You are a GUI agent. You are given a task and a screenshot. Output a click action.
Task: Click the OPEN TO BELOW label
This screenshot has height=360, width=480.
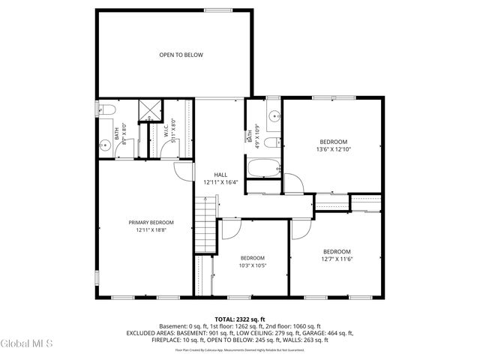coord(180,55)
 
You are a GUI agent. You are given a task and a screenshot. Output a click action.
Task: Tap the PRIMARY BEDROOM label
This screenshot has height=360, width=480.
coord(151,223)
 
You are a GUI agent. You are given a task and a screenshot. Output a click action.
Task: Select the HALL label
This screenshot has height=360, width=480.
coord(220,175)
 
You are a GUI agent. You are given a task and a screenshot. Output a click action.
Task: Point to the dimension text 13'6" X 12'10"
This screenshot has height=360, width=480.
coord(334,150)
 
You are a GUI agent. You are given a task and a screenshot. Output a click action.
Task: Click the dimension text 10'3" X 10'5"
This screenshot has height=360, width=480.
coord(252,265)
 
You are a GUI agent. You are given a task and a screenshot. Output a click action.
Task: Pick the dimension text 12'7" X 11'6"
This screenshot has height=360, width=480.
coord(337,259)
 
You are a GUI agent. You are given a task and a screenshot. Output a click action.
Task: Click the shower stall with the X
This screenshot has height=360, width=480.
coord(150,109)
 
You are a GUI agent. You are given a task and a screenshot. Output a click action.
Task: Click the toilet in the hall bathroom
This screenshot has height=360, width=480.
coord(274,141)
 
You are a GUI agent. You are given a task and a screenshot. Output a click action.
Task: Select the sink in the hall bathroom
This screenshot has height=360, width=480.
coord(274,115)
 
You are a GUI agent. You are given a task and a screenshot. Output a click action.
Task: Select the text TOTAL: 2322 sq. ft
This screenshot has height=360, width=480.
coord(240,319)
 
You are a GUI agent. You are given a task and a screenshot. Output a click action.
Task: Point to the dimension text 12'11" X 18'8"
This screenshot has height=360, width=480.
coord(151,230)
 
